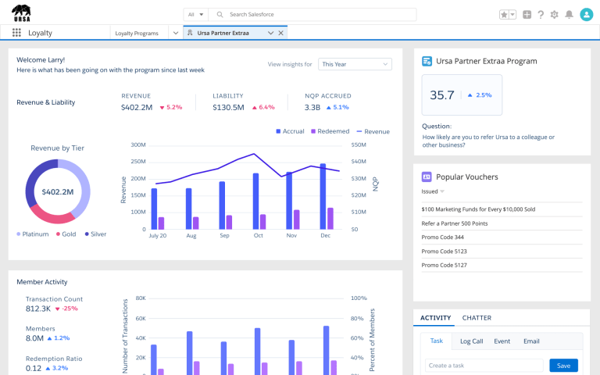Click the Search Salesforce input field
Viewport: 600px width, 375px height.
[312, 15]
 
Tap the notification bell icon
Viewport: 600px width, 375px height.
[569, 15]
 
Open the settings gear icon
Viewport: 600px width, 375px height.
[554, 15]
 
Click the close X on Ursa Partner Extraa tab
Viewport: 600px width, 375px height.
[281, 33]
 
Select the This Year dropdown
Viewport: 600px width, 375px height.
[355, 64]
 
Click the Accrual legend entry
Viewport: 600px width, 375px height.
[290, 131]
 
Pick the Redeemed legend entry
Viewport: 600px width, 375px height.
[330, 131]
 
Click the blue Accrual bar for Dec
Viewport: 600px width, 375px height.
[323, 196]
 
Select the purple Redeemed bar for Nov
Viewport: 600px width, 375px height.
[297, 220]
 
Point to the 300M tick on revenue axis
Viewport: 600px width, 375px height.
[138, 145]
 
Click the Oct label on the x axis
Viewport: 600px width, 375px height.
[259, 235]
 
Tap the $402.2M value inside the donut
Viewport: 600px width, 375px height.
[58, 191]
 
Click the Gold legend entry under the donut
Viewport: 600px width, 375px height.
[66, 234]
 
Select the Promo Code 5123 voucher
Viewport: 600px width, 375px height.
[445, 252]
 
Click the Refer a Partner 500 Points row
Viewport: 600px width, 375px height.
[455, 223]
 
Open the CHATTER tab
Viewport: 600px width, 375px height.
[477, 318]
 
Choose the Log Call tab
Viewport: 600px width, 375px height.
[471, 341]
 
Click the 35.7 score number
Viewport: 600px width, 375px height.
[442, 95]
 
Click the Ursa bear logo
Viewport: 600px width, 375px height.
[21, 13]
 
